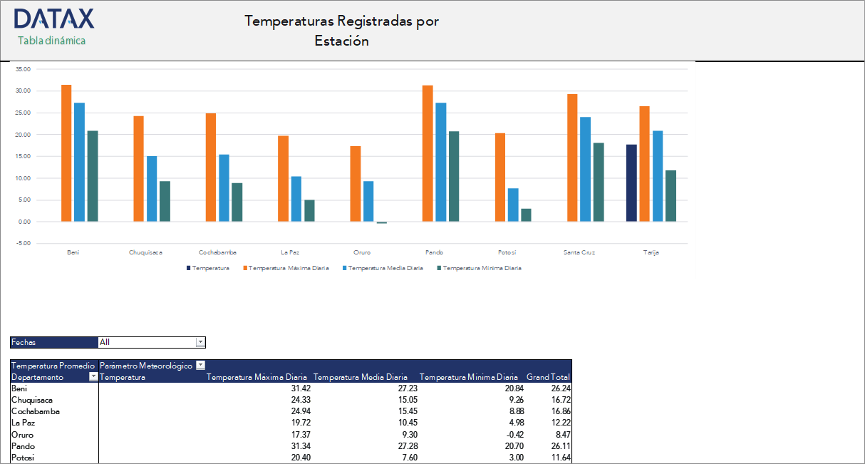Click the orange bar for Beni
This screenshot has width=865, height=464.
click(66, 153)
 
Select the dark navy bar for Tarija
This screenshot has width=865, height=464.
click(631, 182)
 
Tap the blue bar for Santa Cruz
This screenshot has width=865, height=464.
click(586, 169)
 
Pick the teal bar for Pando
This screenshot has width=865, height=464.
click(455, 176)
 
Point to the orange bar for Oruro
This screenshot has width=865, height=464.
click(356, 184)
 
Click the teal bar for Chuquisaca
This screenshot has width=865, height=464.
click(165, 201)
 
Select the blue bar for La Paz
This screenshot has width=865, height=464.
click(296, 199)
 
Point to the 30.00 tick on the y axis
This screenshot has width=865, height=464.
click(24, 91)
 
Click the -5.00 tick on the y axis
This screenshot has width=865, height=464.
click(24, 243)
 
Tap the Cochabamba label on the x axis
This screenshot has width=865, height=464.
click(217, 252)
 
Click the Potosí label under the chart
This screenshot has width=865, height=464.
click(507, 252)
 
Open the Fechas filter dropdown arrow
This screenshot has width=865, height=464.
click(200, 342)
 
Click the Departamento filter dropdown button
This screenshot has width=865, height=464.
click(93, 377)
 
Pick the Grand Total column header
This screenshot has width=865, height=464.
click(548, 377)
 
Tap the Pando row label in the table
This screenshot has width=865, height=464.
click(23, 445)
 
